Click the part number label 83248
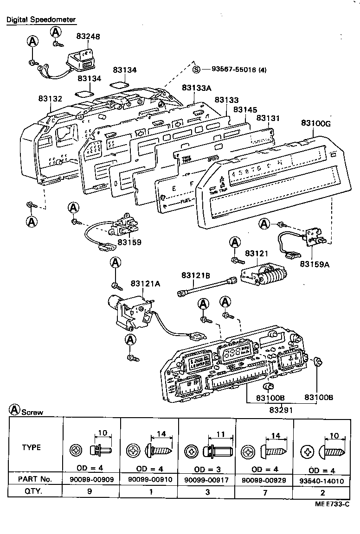(x=88, y=36)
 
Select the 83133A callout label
(x=197, y=88)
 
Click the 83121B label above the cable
(x=196, y=275)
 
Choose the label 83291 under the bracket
(x=280, y=410)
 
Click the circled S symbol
(x=196, y=70)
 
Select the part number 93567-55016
(x=240, y=70)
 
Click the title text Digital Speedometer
(x=41, y=20)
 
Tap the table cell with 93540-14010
(x=322, y=481)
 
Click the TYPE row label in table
(x=32, y=447)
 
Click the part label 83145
(x=245, y=109)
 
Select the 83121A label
(x=145, y=284)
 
